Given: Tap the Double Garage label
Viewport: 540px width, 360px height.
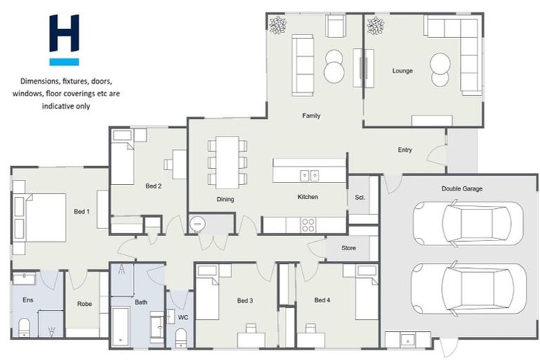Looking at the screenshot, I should tap(461, 188).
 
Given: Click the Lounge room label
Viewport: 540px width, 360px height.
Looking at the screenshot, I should tap(402, 71).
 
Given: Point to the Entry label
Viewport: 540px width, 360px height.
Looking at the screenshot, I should tap(404, 150).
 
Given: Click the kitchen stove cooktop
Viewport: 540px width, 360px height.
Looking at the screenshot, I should tap(308, 225).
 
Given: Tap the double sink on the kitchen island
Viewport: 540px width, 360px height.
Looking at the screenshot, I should tap(309, 176).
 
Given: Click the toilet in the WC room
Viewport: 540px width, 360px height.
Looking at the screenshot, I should tap(181, 339).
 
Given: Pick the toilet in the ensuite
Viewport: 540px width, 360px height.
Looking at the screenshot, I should tap(24, 327).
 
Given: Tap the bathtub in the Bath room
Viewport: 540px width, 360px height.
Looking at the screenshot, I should tap(121, 324).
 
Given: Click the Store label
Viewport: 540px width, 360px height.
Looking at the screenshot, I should tap(349, 248).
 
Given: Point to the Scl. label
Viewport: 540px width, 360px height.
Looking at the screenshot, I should tap(359, 198).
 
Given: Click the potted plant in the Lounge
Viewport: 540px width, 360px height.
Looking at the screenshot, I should tap(375, 26).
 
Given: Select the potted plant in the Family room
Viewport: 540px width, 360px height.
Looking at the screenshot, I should tap(278, 25).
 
